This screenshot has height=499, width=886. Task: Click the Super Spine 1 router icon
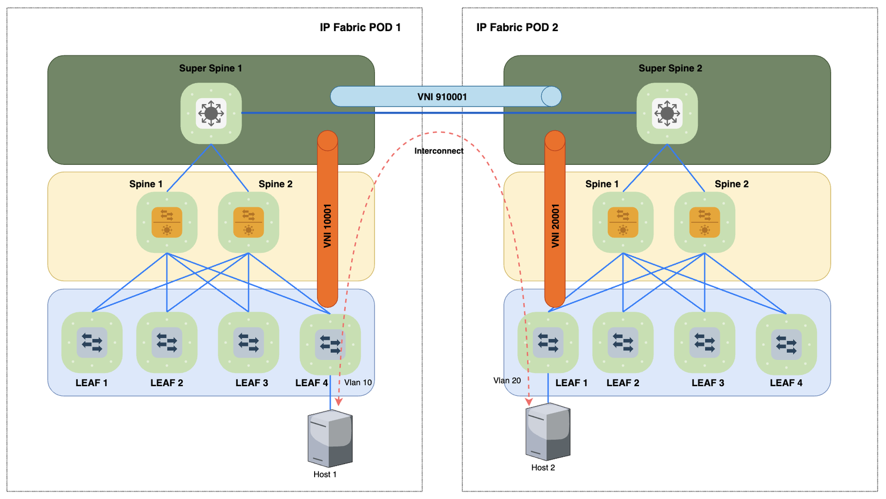pyautogui.click(x=211, y=113)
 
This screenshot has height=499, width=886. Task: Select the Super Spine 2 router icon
pyautogui.click(x=667, y=113)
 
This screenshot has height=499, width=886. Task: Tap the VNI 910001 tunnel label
pyautogui.click(x=442, y=97)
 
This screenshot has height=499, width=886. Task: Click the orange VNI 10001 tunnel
pyautogui.click(x=328, y=226)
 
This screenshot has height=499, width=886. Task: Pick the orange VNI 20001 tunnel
pyautogui.click(x=555, y=226)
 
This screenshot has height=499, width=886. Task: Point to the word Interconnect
pyautogui.click(x=439, y=151)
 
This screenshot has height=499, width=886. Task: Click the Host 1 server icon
pyautogui.click(x=330, y=438)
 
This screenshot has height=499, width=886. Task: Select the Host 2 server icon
pyautogui.click(x=548, y=432)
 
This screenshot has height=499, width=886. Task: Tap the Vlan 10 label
pyautogui.click(x=358, y=382)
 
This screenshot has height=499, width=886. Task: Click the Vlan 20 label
pyautogui.click(x=507, y=380)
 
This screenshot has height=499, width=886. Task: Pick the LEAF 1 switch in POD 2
pyautogui.click(x=548, y=342)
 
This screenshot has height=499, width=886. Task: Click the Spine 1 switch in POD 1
pyautogui.click(x=167, y=222)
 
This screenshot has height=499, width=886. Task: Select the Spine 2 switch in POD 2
pyautogui.click(x=705, y=222)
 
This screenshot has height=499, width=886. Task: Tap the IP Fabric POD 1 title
pyautogui.click(x=360, y=27)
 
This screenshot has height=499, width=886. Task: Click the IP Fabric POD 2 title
pyautogui.click(x=517, y=27)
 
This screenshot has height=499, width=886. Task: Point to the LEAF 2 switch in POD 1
pyautogui.click(x=167, y=342)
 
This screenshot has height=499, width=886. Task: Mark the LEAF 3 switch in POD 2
pyautogui.click(x=705, y=342)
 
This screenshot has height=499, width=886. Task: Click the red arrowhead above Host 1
pyautogui.click(x=339, y=402)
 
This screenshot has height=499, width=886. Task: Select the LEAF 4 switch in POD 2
pyautogui.click(x=786, y=344)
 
